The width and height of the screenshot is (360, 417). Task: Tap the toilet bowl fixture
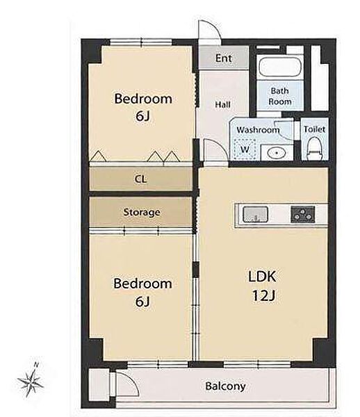(x=315, y=149)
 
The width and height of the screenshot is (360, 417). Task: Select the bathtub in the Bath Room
(x=280, y=67)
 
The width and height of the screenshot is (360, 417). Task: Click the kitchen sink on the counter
(x=255, y=215)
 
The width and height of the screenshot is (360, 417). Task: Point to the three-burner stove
(x=303, y=214)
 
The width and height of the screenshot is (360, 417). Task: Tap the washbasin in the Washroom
(x=277, y=153)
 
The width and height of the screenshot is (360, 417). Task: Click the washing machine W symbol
(x=245, y=149)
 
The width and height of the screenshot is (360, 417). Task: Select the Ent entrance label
(x=223, y=58)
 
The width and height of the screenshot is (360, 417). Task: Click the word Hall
(x=222, y=104)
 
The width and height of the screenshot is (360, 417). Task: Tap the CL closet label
(x=140, y=179)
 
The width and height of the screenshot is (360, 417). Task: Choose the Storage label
(x=142, y=212)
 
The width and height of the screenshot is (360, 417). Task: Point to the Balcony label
(x=225, y=386)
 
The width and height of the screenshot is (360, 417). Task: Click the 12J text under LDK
(x=263, y=295)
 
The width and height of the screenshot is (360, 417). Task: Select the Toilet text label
(x=315, y=129)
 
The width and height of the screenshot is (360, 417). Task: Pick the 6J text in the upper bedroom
(x=142, y=116)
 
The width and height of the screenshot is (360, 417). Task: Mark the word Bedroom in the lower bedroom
(x=142, y=284)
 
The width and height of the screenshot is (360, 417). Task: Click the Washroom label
(x=258, y=130)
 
